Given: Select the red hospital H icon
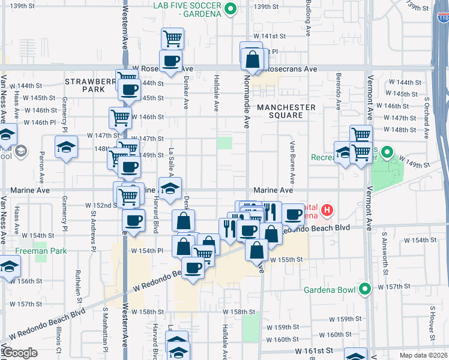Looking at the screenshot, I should [x=327, y=210].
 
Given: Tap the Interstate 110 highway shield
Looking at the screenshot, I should [x=442, y=19].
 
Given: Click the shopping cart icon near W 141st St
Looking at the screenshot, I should [x=173, y=38].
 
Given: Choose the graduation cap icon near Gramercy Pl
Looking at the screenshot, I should [x=66, y=147].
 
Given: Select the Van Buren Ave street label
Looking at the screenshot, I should [x=292, y=162].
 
